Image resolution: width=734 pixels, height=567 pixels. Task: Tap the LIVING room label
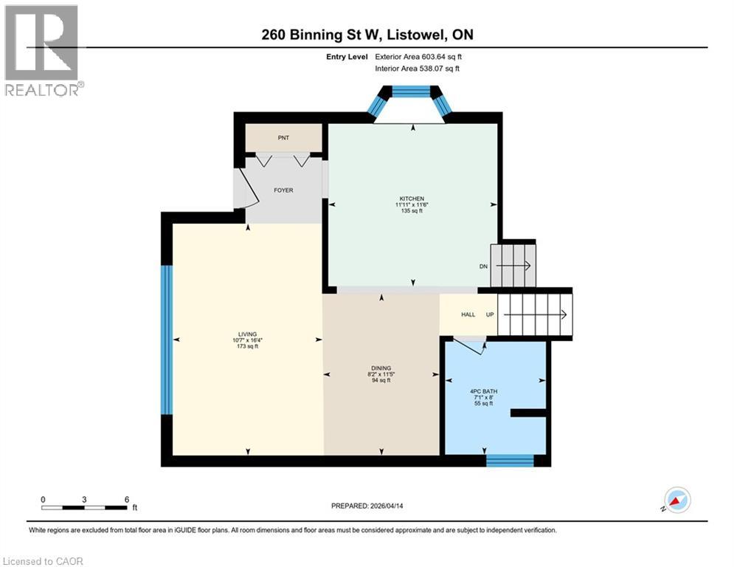[247, 334]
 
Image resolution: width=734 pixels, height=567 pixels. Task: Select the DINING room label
[381, 368]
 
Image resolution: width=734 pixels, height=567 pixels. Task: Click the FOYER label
[283, 190]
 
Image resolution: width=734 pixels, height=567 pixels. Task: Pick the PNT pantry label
[283, 137]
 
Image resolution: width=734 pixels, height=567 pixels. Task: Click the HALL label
[468, 315]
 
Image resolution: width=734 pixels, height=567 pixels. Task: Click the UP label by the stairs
[489, 315]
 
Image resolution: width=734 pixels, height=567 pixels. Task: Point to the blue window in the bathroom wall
[509, 461]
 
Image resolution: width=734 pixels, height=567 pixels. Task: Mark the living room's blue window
[167, 340]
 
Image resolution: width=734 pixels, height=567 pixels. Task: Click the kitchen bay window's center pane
[411, 92]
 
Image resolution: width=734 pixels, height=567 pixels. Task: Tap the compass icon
[676, 500]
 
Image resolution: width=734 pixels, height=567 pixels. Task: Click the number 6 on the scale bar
[127, 499]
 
